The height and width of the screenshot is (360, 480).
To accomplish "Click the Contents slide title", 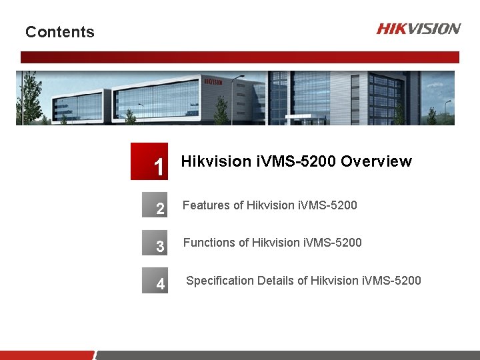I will [60, 32].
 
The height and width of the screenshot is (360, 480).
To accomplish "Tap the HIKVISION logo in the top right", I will [418, 28].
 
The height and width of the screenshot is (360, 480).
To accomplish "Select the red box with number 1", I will [149, 162].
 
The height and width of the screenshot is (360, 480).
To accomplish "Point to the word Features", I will [205, 205].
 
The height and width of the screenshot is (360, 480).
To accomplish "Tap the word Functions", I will [208, 243].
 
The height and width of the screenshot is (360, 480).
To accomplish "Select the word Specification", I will [219, 281].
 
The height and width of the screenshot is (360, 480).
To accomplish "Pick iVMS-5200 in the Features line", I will [329, 205].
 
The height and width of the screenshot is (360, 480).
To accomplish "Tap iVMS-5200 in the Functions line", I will [334, 243].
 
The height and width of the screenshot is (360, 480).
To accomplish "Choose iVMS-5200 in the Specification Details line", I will [391, 281].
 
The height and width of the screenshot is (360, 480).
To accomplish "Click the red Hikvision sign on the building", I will [213, 81].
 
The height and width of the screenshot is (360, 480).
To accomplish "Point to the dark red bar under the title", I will [240, 57].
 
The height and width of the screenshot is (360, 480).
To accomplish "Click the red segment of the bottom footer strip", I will [47, 355].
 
